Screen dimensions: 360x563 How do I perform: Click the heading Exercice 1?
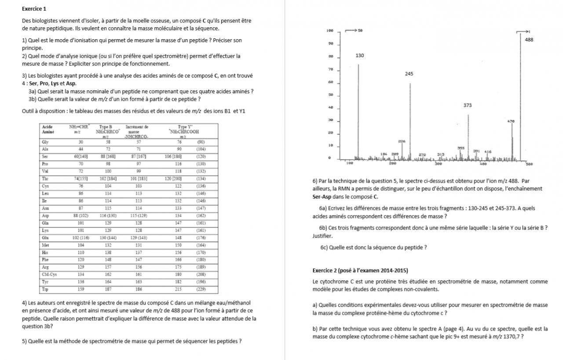pos(34,9)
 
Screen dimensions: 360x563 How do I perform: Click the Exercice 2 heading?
pos(360,270)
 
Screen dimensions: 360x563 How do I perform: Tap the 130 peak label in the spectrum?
pos(360,56)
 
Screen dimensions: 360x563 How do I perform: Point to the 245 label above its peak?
pos(409,74)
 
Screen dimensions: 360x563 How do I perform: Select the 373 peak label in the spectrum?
pos(468,106)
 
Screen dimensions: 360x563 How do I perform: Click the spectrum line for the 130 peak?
pos(358,110)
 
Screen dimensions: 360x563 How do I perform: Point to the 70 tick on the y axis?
pos(330,70)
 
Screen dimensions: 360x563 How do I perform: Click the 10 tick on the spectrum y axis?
pos(330,145)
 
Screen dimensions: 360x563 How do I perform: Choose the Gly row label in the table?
pos(45,142)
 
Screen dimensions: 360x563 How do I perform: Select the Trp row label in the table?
pos(45,289)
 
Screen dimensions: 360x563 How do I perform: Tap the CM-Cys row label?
pos(49,274)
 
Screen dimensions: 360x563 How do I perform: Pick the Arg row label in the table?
pos(45,267)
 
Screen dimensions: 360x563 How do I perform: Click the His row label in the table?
pos(45,252)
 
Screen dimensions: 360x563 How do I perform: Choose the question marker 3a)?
pos(32,92)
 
